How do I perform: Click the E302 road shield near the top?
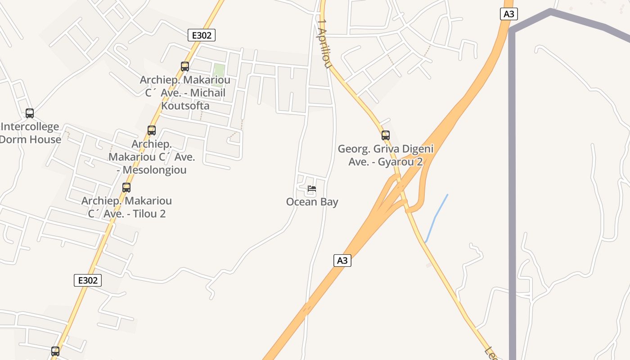coord(202,35)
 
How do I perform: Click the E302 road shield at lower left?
coord(88,280)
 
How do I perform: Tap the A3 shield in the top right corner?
coord(508,14)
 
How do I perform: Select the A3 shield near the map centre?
coord(342,260)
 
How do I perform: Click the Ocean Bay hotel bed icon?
coord(311,189)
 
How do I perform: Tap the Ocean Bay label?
coord(312,202)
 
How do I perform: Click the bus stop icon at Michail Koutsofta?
coord(184,67)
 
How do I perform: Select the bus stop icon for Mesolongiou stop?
coord(152,130)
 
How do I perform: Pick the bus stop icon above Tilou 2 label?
coord(126,188)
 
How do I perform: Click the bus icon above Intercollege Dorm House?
coord(30,113)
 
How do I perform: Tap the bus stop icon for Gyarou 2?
coord(385,135)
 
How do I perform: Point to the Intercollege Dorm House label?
coord(30,133)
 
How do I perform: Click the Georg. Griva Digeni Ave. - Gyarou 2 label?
coord(386,155)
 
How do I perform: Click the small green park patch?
coord(219,75)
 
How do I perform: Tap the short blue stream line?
coord(436,218)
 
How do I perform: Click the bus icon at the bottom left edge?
coord(55,351)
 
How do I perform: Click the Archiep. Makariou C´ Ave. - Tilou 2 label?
coord(126,207)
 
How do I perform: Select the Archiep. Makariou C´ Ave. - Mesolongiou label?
coord(152,157)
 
